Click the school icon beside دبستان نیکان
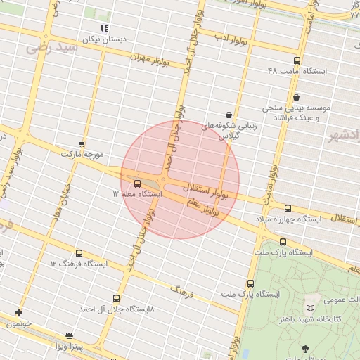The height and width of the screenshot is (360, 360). tap(104, 28)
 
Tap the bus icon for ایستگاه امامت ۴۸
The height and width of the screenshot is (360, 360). tap(297, 61)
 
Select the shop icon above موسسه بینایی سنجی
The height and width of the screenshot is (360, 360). tap(296, 97)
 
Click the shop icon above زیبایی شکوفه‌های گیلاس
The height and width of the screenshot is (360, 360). tap(229, 115)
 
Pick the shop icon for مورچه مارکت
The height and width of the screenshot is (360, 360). tap(82, 143)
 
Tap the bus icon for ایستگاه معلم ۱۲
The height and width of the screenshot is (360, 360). tap(137, 184)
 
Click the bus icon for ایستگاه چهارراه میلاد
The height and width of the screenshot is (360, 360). tap(288, 208)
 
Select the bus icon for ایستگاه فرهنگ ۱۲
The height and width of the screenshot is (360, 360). tap(78, 253)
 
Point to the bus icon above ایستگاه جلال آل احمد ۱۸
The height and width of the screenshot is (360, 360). tap(116, 298)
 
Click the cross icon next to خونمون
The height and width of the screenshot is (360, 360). tap(18, 312)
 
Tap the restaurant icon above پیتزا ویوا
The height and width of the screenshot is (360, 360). tap(69, 336)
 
